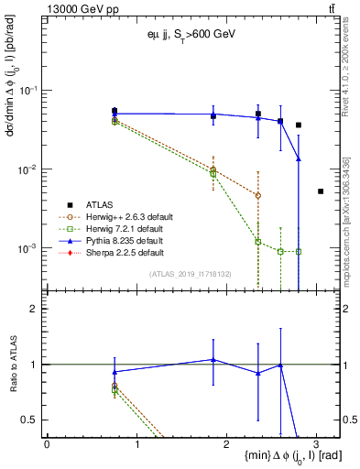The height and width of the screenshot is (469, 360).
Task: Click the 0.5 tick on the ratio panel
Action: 33,420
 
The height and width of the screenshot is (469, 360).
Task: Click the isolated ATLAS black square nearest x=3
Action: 321,191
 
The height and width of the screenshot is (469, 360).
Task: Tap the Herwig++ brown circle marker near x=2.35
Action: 258,195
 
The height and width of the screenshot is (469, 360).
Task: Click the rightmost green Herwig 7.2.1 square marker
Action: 299,252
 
